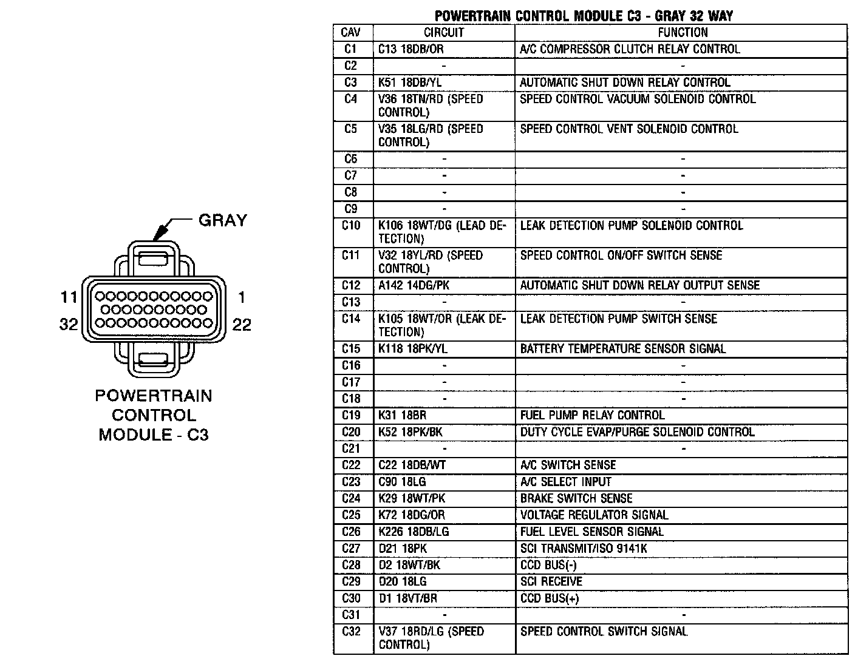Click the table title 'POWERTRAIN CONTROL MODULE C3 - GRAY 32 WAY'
pos(584,16)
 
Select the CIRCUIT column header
pos(444,33)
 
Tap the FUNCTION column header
pos(683,33)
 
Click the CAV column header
pos(351,33)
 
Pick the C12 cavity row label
pos(351,285)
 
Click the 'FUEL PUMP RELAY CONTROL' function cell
pos(592,416)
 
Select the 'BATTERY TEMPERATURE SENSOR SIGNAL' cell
pos(622,349)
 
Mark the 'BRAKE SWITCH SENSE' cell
pos(576,499)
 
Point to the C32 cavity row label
pos(351,632)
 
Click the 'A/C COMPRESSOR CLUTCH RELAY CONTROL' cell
pos(630,49)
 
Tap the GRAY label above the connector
pos(222,220)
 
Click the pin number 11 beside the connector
pos(69,297)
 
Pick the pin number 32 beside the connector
pos(69,325)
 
